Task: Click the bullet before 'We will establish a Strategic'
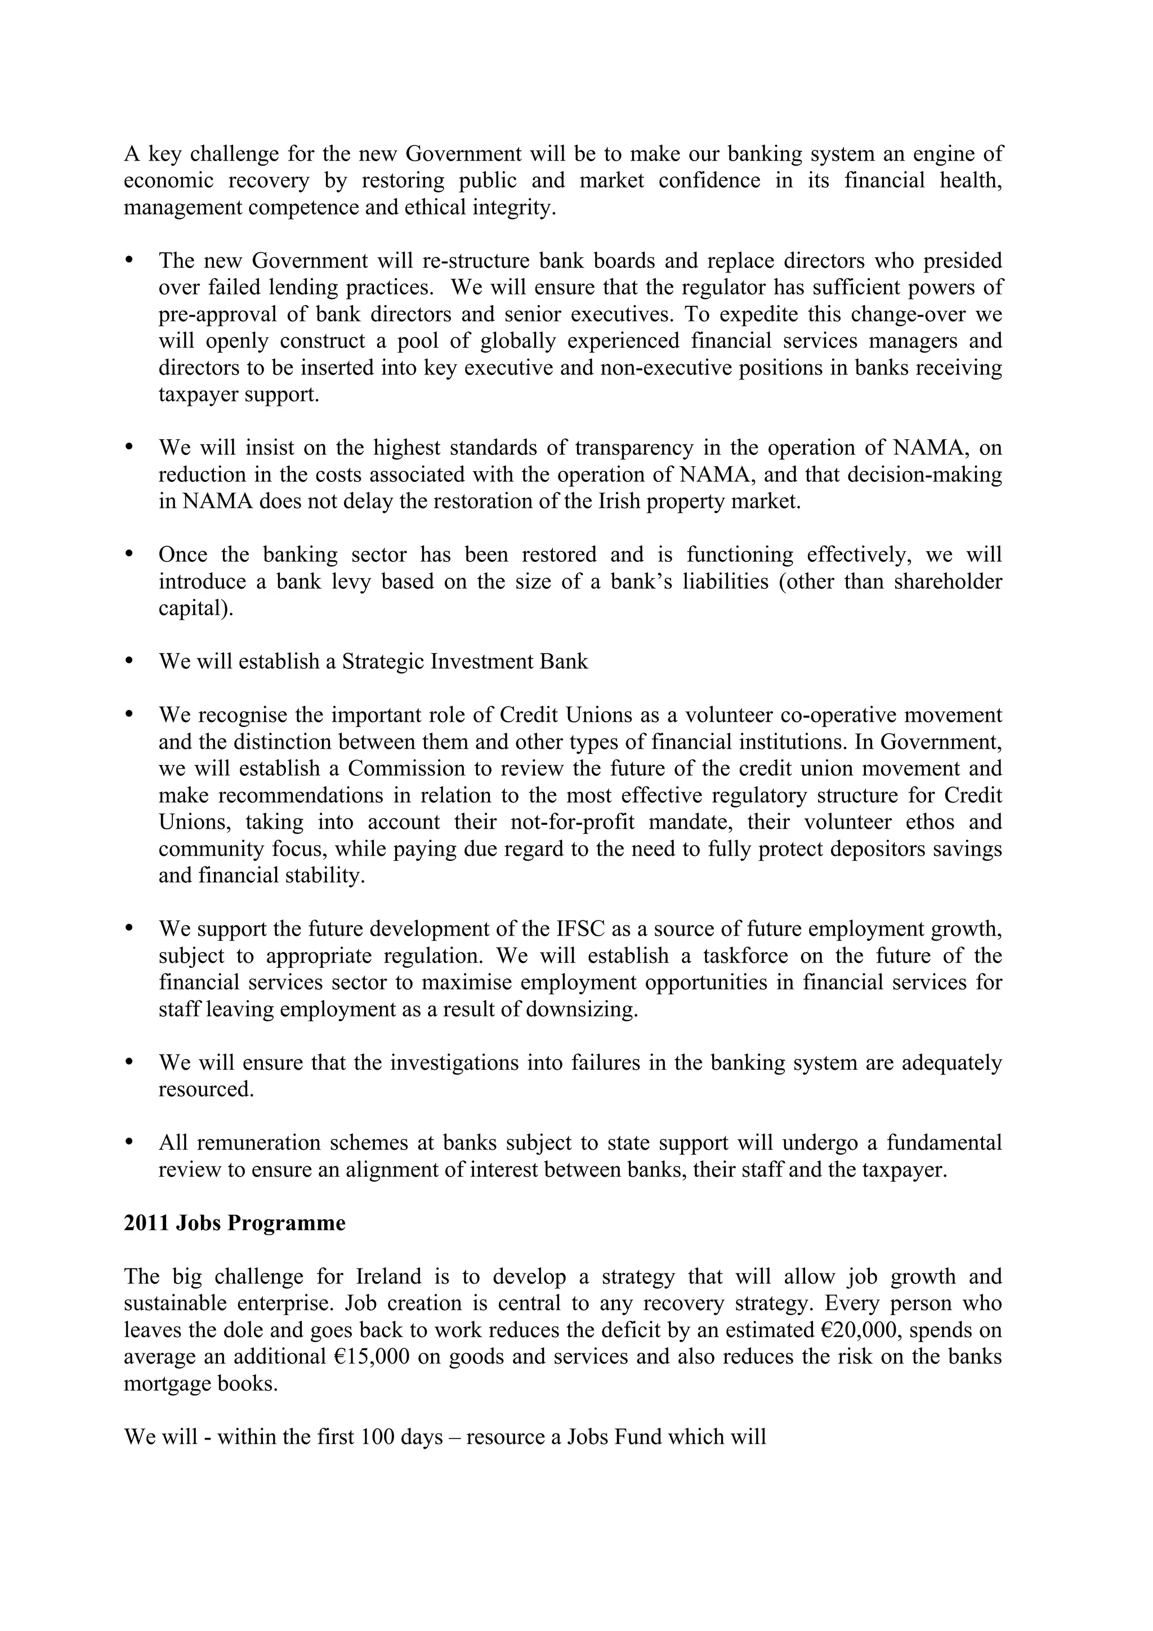pos(129,660)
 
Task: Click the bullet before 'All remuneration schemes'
pos(129,1142)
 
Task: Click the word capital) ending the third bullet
pos(195,609)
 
